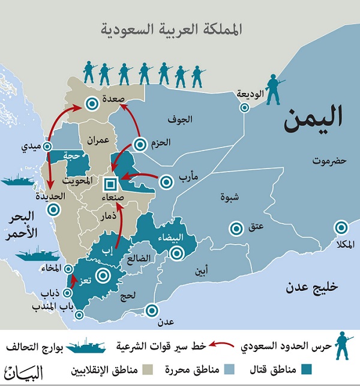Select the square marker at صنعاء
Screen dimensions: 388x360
pos(110,183)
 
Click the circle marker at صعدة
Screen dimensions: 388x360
pos(91,103)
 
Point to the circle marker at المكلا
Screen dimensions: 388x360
pos(341,227)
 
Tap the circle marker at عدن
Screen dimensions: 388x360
pos(153,311)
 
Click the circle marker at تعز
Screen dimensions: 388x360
pos(103,276)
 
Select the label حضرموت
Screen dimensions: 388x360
pos(329,161)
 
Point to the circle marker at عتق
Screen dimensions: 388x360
pos(236,228)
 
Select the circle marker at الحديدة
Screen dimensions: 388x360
pos(55,209)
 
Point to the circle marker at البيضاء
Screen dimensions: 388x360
pos(176,253)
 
